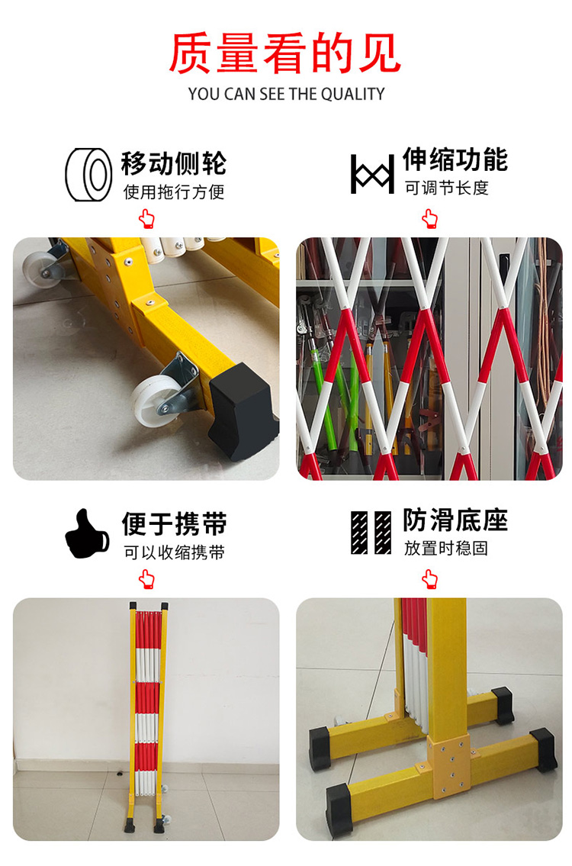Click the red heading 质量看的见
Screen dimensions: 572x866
(285, 53)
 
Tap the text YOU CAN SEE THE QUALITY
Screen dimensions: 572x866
(286, 94)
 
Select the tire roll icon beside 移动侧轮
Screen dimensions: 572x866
(88, 175)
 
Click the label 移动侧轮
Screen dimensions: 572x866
(174, 163)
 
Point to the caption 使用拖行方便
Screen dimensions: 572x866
(174, 192)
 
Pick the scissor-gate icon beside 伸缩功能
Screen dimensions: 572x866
(373, 175)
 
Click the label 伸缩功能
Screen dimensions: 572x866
(455, 159)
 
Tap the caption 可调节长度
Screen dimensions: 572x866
(446, 188)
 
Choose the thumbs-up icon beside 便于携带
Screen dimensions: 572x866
(87, 534)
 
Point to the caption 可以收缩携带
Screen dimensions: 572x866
(174, 552)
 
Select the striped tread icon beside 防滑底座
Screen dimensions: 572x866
(371, 533)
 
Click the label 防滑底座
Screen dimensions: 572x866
(455, 520)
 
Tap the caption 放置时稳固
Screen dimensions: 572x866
(446, 549)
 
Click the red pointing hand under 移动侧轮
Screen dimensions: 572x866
(147, 219)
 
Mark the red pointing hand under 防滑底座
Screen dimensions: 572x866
(429, 579)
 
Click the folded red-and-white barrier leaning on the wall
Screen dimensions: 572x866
(147, 717)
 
